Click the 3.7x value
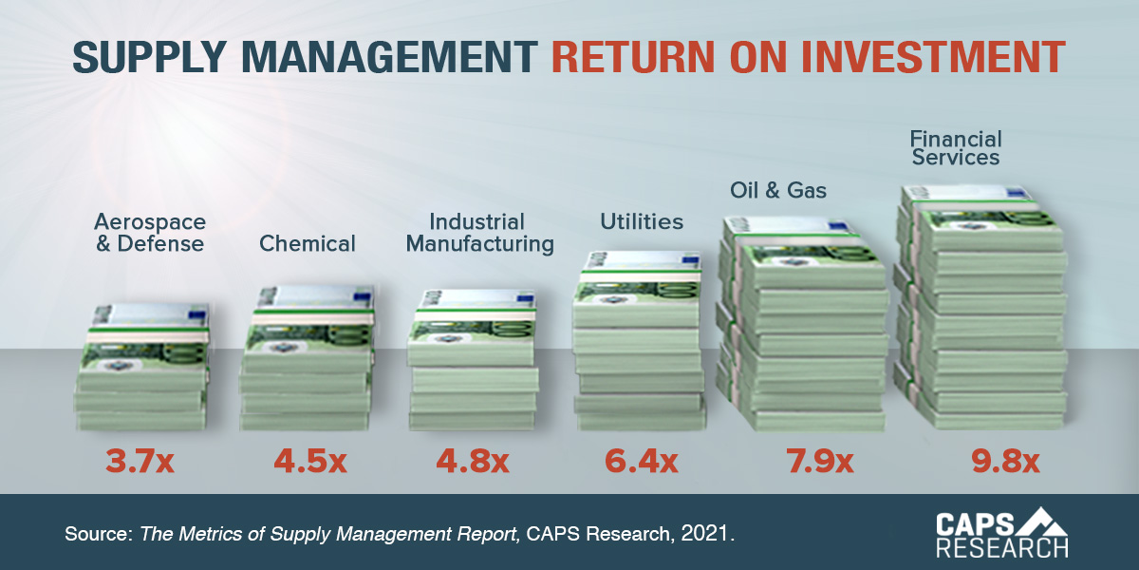coord(140,463)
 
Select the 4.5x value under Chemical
coord(310,463)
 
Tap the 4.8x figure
coord(472,463)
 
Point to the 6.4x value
coord(641,463)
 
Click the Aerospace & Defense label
coord(149,233)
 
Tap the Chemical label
coord(308,244)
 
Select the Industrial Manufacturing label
coord(479,233)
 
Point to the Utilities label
coord(642,222)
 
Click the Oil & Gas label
coord(778,191)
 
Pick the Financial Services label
coord(956,147)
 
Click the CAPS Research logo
coord(1001,532)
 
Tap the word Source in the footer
coord(96,534)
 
